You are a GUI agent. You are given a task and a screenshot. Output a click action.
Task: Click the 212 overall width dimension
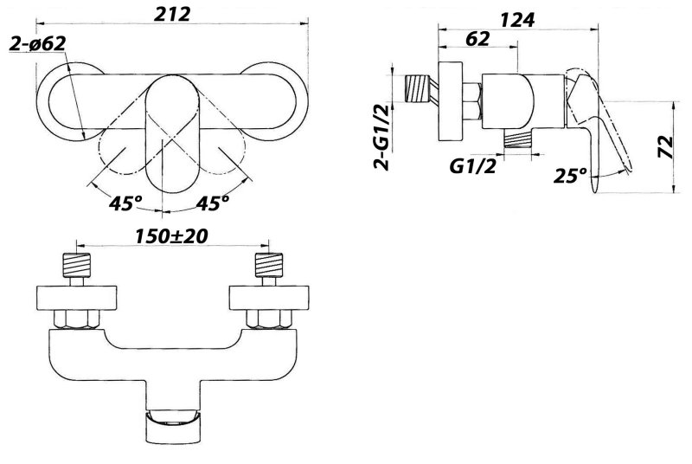(x=172, y=14)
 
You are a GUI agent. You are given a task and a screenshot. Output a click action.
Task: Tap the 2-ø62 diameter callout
(x=38, y=43)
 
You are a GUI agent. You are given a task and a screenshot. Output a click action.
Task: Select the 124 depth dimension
(x=517, y=19)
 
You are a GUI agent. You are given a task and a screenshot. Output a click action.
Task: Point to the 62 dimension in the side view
(x=477, y=39)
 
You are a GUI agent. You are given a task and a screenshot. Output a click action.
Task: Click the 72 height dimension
(x=665, y=147)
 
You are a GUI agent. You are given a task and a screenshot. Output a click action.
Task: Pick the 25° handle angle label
(x=570, y=176)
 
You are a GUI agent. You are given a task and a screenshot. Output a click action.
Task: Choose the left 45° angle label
(x=125, y=203)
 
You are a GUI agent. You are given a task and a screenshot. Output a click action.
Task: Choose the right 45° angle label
(x=213, y=203)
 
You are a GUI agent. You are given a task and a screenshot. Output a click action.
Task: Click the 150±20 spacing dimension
(x=171, y=236)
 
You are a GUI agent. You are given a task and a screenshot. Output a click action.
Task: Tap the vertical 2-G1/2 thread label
(x=382, y=138)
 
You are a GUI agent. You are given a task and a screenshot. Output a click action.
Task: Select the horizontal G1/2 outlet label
(x=472, y=166)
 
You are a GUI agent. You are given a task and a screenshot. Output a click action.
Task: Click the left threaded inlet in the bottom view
(x=77, y=265)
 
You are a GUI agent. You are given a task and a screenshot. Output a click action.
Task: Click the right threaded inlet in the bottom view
(x=269, y=265)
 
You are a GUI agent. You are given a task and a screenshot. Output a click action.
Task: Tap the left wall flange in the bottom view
(x=77, y=298)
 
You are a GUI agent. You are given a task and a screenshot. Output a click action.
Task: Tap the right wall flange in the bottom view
(x=269, y=298)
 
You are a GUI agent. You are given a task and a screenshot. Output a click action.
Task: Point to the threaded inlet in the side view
(x=419, y=91)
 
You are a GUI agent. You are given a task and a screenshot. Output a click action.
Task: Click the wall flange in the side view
(x=450, y=101)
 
